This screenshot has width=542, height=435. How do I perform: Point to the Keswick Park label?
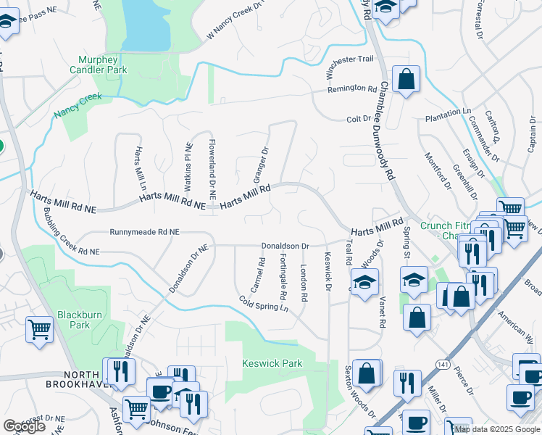coord(271,362)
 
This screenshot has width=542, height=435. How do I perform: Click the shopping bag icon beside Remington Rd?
coord(406,80)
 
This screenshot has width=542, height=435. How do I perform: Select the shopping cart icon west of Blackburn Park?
coord(39,330)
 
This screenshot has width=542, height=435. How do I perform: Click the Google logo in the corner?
coord(24,426)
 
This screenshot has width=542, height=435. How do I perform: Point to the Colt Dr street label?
coord(358,118)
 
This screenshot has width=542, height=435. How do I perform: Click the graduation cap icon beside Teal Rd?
coord(364,281)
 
